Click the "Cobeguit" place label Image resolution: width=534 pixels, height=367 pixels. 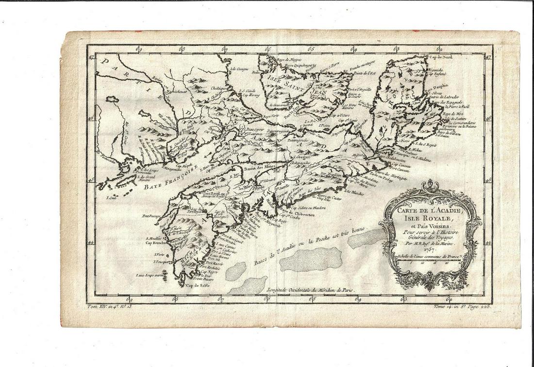[301, 157]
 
